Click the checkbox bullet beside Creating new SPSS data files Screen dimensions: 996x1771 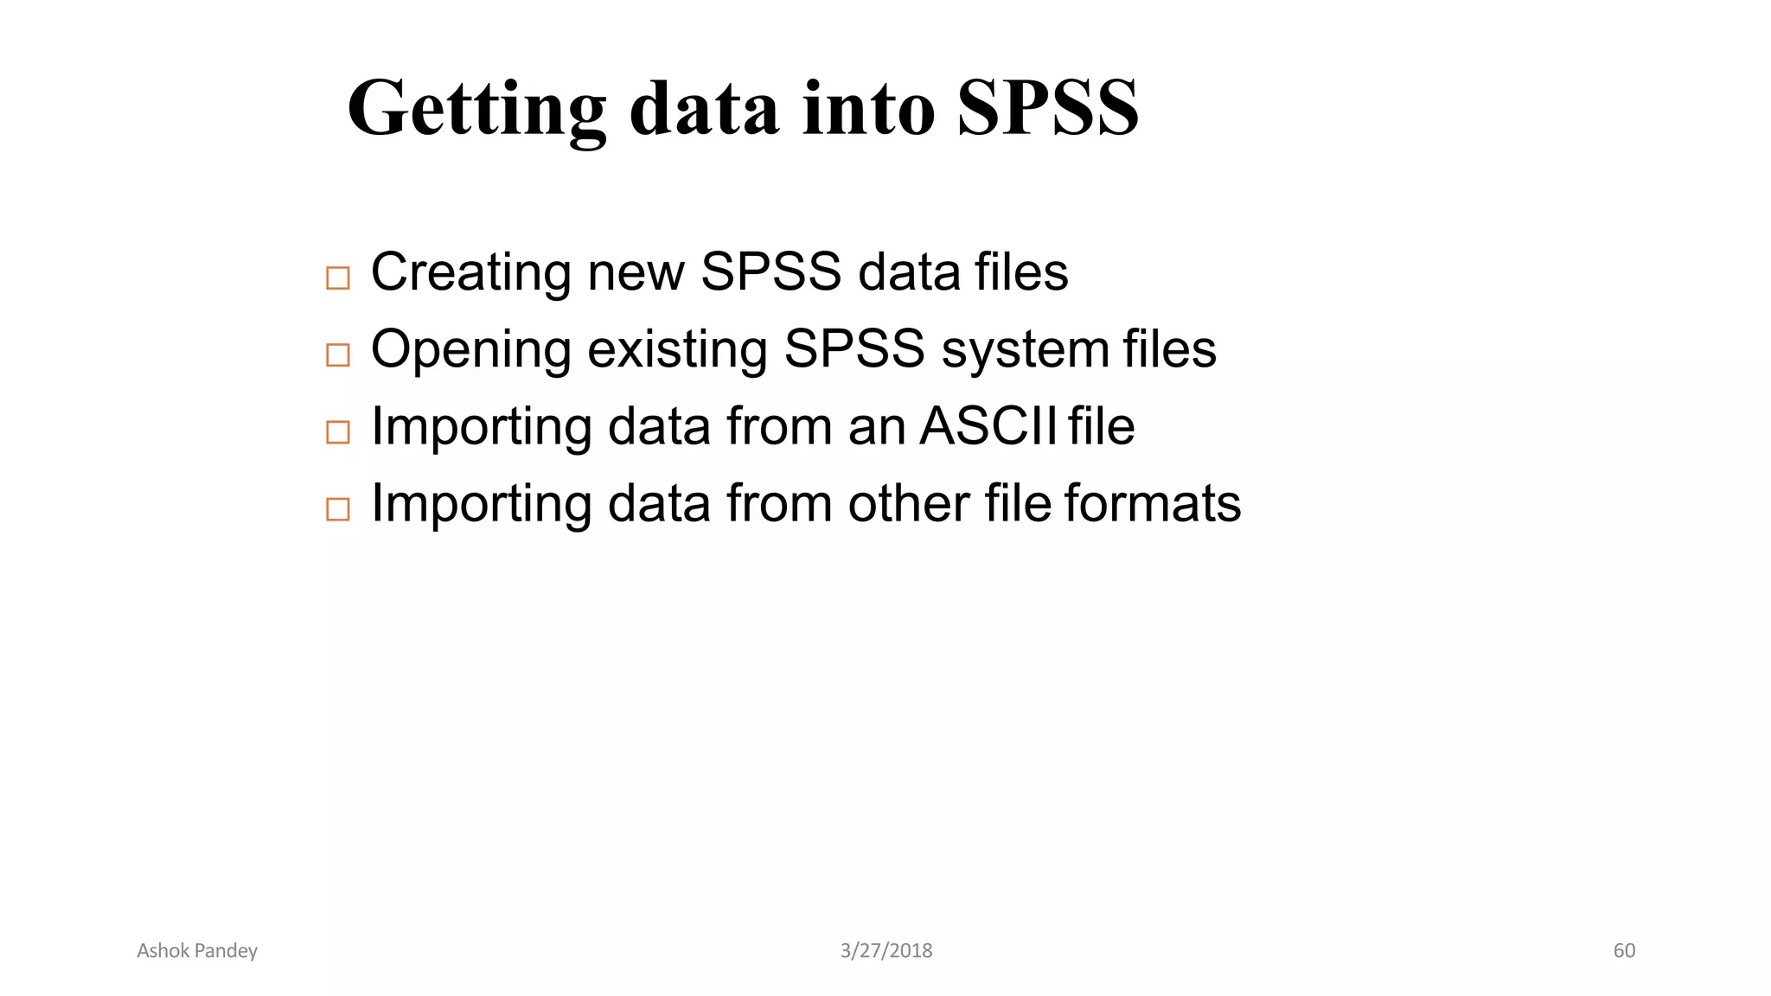point(337,278)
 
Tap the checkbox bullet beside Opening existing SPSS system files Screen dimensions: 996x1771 point(337,354)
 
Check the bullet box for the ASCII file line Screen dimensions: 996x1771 point(337,431)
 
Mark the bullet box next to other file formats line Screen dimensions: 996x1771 point(337,508)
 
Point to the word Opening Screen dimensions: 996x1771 point(471,351)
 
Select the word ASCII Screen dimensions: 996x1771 point(988,426)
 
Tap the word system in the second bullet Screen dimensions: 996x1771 point(1025,351)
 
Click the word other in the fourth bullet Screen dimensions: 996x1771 point(909,503)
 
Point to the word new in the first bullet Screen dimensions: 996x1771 point(636,272)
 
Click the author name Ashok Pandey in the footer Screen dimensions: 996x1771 point(197,951)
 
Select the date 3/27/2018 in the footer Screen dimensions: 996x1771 point(886,951)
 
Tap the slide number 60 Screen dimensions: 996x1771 point(1624,951)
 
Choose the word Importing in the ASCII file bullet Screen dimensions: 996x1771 point(481,428)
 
